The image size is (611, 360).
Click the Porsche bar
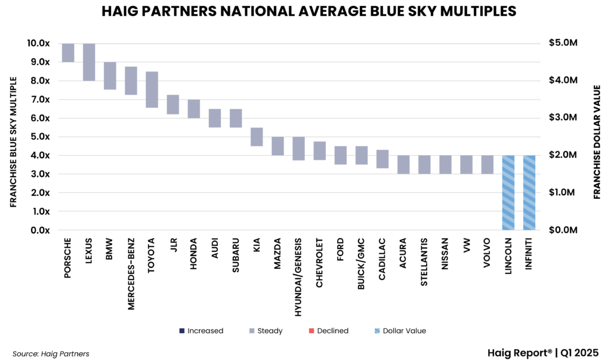tap(68, 53)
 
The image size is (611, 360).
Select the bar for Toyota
tap(152, 90)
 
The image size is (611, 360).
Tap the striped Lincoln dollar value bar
tap(508, 192)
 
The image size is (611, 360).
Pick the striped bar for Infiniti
tap(529, 192)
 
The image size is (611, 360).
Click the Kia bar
tap(257, 137)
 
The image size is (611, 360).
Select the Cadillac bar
tap(382, 159)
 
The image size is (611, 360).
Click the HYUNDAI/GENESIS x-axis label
tap(299, 277)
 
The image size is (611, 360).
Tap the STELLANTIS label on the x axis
tap(425, 263)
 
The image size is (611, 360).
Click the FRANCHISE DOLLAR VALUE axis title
tap(597, 141)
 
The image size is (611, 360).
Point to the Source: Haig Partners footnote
tap(51, 353)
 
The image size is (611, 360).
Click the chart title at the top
tap(305, 11)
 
